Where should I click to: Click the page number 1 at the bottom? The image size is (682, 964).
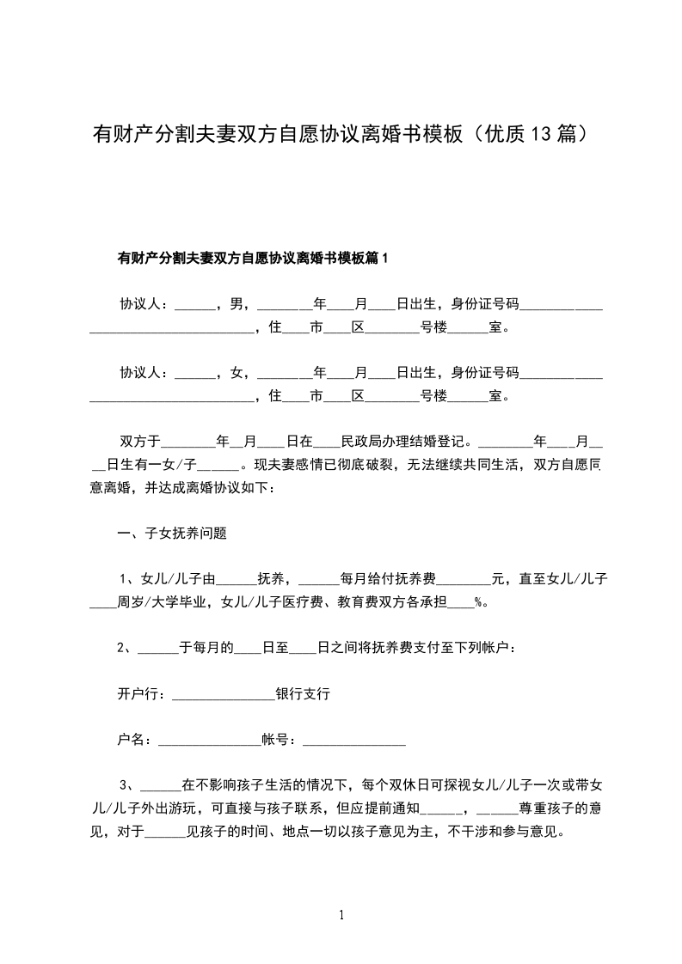(341, 916)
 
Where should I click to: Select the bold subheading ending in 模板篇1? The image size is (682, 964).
(253, 258)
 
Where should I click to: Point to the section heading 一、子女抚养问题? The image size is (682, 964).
(172, 533)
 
